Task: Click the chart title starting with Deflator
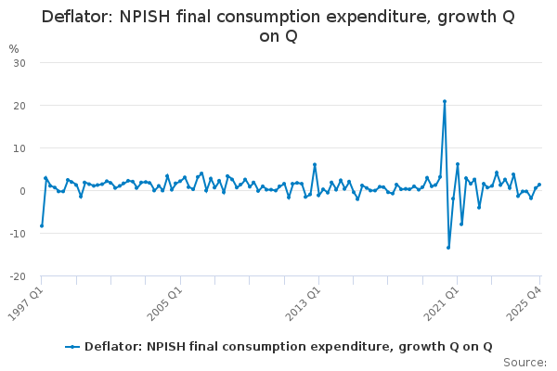tap(278, 26)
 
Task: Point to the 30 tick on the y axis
tap(18, 63)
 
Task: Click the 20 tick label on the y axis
tap(18, 106)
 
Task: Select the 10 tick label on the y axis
tap(18, 148)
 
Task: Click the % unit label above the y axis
tap(13, 48)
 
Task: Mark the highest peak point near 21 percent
tap(445, 101)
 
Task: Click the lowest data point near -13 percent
tap(448, 247)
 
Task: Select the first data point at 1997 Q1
tap(42, 225)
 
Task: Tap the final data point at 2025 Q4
tap(539, 185)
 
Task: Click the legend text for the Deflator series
tap(288, 347)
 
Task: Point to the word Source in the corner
tap(525, 363)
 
